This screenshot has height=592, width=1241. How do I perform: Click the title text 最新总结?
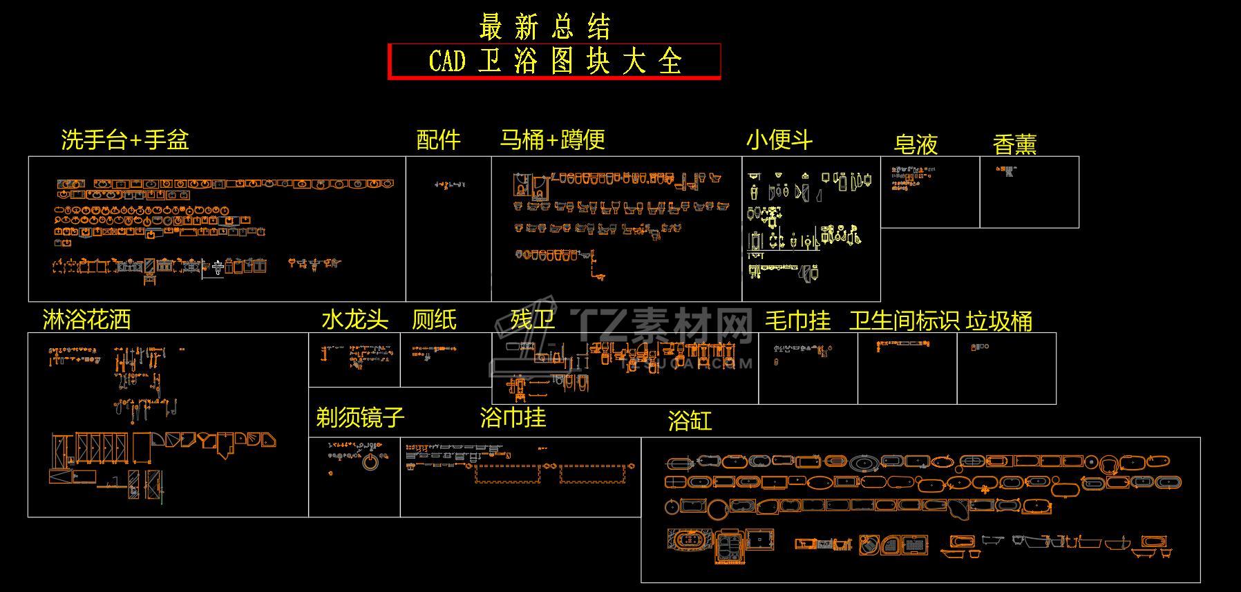544,28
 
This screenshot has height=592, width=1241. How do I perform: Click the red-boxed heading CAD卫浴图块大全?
554,61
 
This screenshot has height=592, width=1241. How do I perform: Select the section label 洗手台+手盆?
124,140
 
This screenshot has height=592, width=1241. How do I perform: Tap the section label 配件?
438,140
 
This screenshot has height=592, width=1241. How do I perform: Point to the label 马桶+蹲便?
552,140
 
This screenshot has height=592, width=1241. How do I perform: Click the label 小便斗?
779,140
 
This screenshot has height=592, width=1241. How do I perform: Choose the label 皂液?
916,144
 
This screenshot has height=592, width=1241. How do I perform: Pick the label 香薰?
1014,144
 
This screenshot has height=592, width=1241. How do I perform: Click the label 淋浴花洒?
86,320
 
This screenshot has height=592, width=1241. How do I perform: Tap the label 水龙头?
354,320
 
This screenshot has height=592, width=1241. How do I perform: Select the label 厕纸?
434,320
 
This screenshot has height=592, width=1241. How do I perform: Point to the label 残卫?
532,320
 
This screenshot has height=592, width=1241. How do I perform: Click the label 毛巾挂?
797,321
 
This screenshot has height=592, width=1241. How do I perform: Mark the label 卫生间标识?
904,321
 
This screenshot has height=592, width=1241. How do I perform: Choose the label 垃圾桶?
999,321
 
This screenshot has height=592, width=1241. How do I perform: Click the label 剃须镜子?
360,417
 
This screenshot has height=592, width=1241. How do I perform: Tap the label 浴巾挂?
513,417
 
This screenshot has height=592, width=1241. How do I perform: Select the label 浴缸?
690,421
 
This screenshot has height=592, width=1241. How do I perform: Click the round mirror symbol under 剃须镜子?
371,462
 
